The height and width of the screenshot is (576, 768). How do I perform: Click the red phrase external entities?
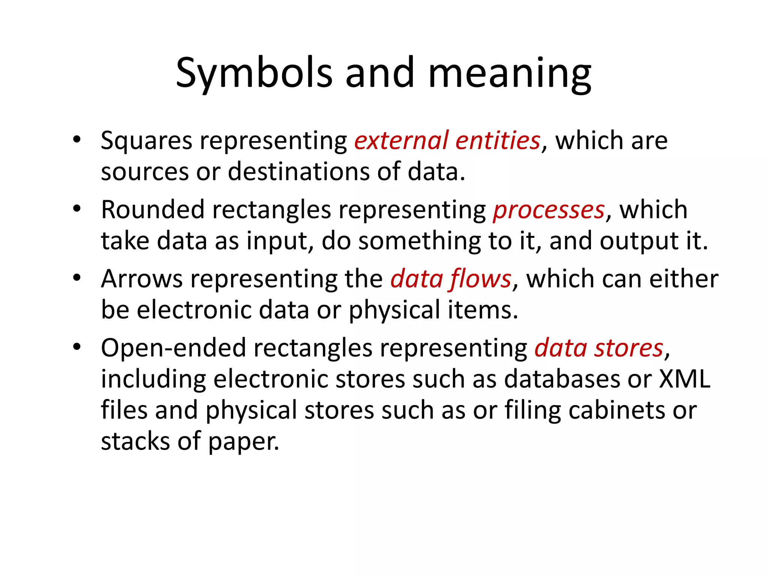(x=447, y=141)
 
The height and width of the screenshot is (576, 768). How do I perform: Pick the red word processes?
(x=549, y=210)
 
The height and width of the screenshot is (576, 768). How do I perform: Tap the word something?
(x=419, y=241)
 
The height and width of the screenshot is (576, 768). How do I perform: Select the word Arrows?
(x=142, y=279)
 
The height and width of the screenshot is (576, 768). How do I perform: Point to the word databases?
(x=562, y=379)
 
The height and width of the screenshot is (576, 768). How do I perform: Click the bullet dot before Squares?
(x=77, y=139)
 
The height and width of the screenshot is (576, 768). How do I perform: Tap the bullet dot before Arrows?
(x=77, y=278)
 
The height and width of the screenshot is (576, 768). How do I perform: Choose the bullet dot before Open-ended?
(x=77, y=347)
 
